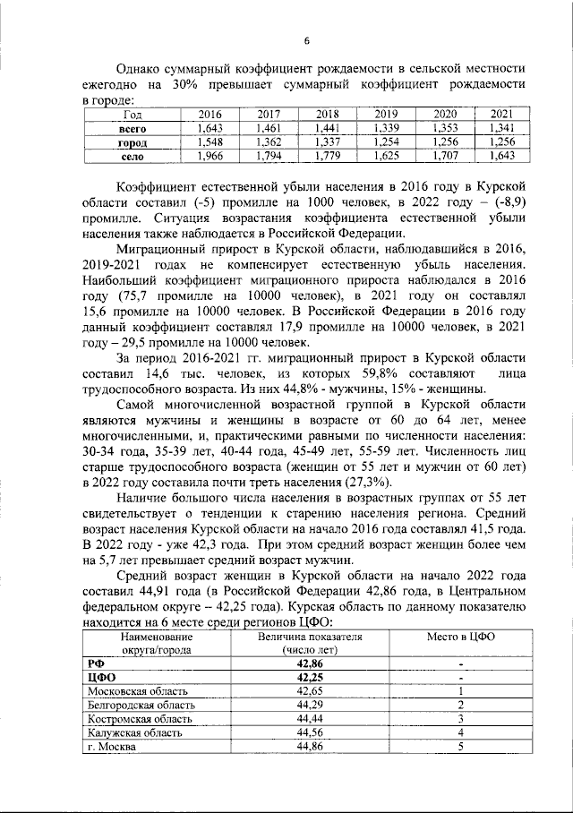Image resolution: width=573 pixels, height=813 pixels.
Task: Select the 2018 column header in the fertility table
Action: (x=327, y=115)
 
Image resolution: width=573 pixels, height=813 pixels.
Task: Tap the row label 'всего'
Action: (x=133, y=129)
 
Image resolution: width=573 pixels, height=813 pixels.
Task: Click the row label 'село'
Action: (x=133, y=157)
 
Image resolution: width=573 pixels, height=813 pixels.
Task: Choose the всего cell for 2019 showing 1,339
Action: (x=386, y=129)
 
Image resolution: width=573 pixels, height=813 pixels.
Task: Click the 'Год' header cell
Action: (x=133, y=115)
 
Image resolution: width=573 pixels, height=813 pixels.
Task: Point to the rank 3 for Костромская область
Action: (x=460, y=718)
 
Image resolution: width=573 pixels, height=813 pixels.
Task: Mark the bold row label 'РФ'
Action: (x=95, y=663)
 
